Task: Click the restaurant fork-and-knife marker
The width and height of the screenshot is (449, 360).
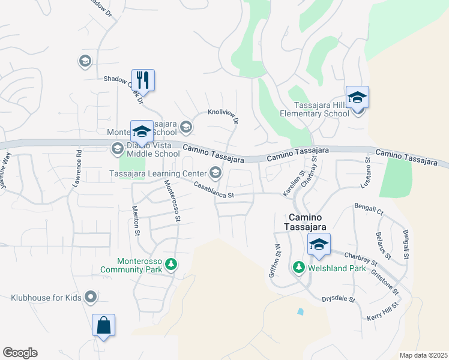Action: (143, 80)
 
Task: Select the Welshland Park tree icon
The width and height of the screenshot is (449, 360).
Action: (298, 268)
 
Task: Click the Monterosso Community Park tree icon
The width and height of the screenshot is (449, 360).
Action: (171, 264)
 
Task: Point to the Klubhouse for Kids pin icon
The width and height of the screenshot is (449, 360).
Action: (91, 296)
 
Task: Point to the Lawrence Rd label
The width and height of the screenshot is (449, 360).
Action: (77, 169)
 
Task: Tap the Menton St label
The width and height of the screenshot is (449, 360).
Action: (136, 220)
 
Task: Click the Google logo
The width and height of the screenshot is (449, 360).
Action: (20, 353)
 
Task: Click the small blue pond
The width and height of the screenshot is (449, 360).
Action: (300, 311)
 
